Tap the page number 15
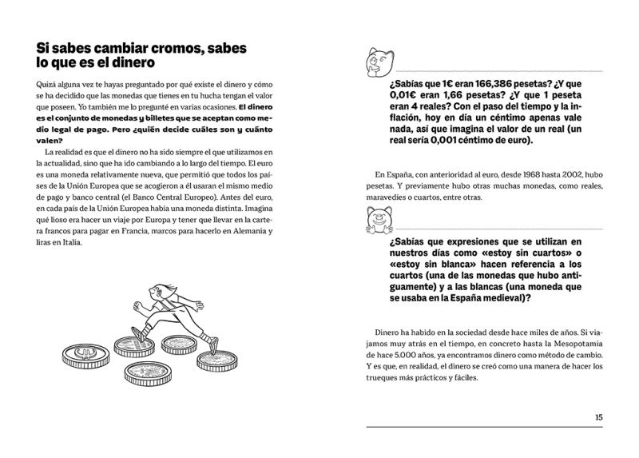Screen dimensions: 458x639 point(599,416)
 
